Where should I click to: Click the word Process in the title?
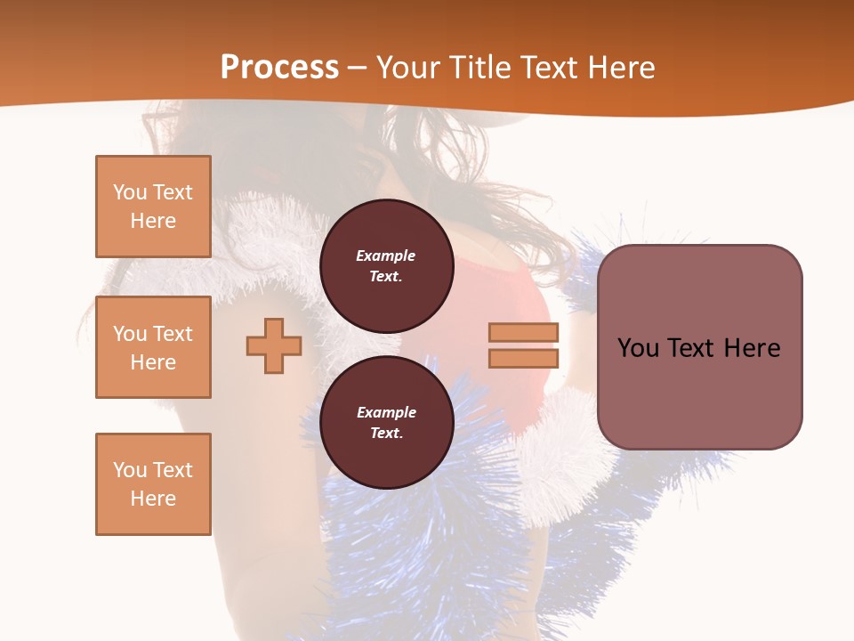(x=279, y=68)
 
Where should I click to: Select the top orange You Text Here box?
(x=153, y=207)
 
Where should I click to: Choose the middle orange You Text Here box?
(x=153, y=347)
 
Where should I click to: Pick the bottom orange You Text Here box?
(x=153, y=483)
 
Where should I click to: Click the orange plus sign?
(x=274, y=346)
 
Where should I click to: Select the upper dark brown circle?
(x=386, y=265)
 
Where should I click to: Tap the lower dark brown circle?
(x=386, y=422)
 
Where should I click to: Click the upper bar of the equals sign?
(x=523, y=333)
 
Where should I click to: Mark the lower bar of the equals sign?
(x=523, y=359)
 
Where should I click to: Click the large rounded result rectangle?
(x=699, y=347)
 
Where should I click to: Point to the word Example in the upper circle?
(x=386, y=256)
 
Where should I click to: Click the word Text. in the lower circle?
(x=386, y=433)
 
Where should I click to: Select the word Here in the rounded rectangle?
(x=752, y=348)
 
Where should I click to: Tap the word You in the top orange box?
(x=128, y=192)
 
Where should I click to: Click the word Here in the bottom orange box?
(x=153, y=499)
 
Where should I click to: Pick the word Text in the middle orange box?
(x=172, y=334)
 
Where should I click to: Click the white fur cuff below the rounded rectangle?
(x=560, y=463)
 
